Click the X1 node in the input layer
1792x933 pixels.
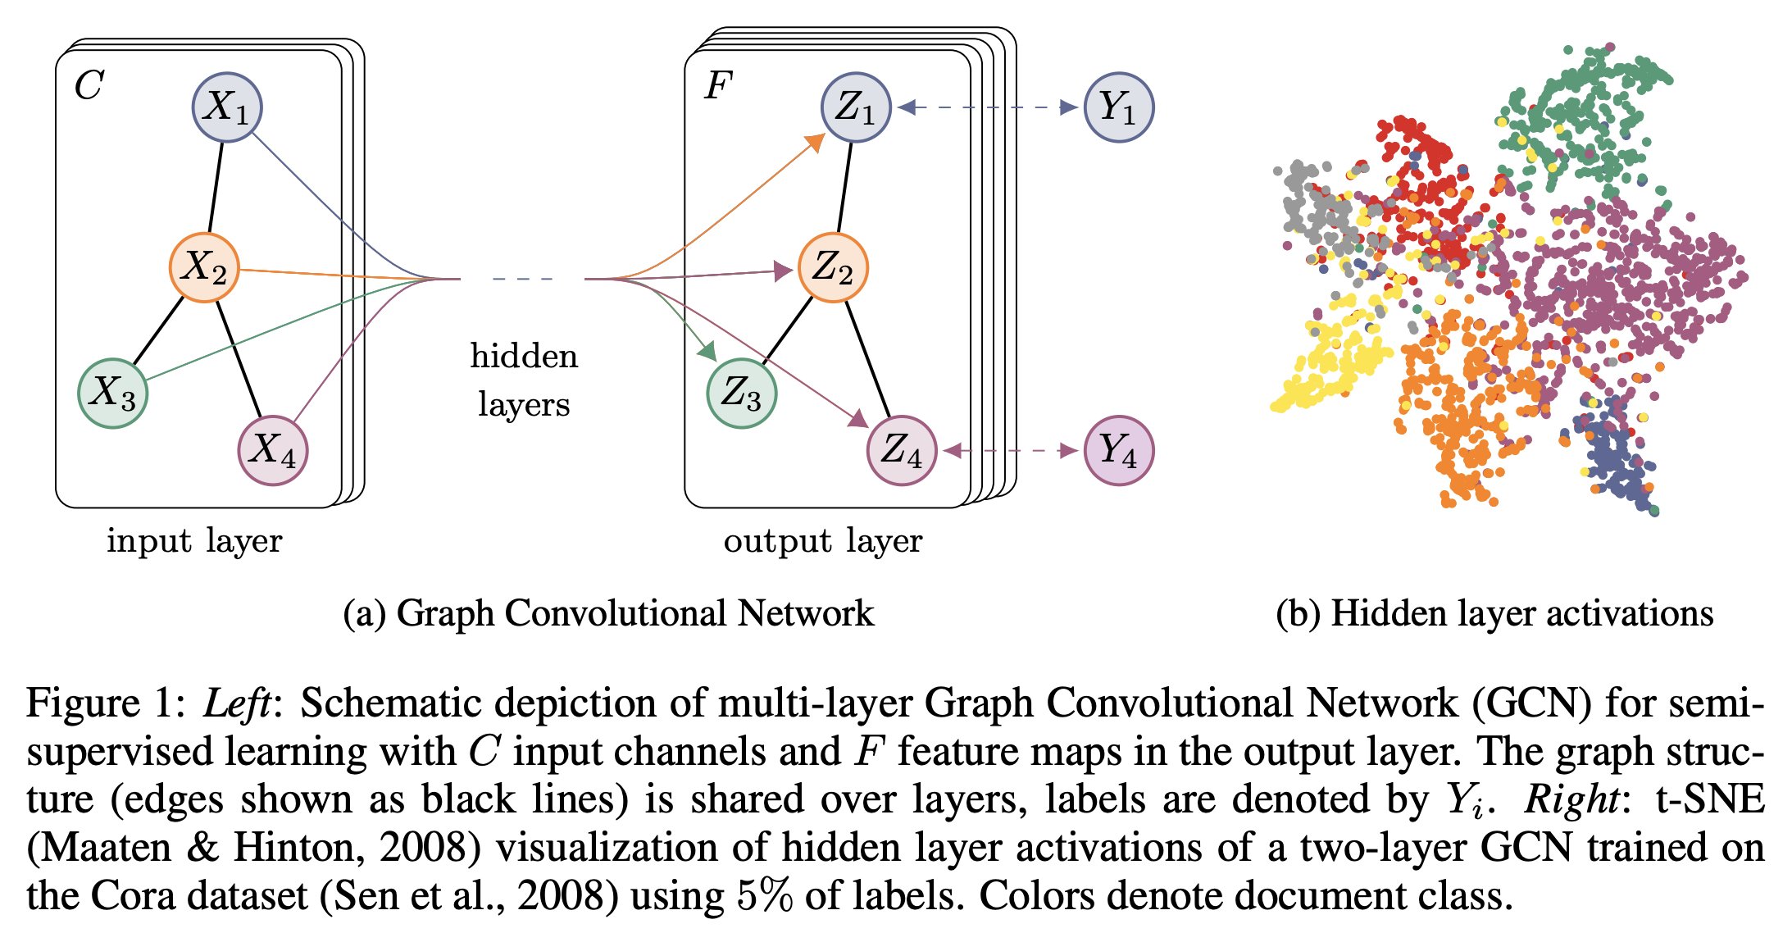227,107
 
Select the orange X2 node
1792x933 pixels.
204,267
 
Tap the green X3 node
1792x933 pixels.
112,393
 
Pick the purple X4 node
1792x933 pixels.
272,450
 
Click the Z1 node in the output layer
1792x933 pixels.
856,107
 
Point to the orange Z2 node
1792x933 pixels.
833,267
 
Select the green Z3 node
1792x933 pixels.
741,393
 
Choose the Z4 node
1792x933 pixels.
901,450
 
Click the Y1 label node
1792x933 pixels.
1118,107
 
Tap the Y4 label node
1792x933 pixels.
1118,450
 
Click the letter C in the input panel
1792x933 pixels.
89,85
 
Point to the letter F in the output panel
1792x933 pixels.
717,85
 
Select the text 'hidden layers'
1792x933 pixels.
524,380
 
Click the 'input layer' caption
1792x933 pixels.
194,541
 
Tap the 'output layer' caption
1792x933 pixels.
823,541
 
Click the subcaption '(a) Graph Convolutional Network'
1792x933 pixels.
608,613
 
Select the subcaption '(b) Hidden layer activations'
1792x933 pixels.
1494,613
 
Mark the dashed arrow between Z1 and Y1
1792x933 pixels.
987,107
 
